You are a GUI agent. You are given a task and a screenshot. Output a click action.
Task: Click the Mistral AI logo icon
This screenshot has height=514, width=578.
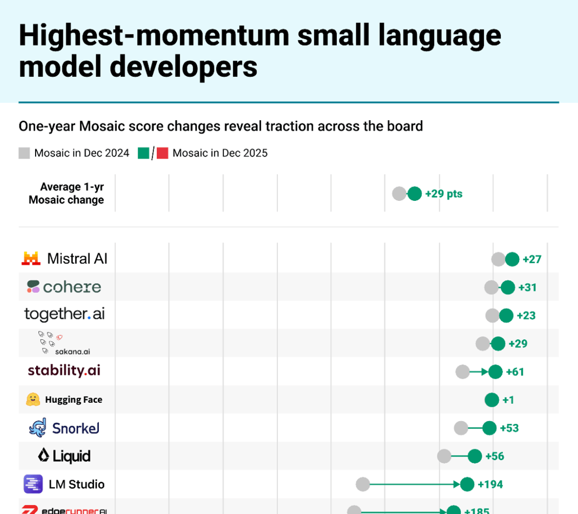click(x=31, y=259)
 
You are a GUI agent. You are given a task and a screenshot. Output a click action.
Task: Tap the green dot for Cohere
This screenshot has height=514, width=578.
click(x=507, y=287)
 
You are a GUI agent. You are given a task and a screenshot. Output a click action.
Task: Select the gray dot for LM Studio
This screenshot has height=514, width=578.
click(x=362, y=485)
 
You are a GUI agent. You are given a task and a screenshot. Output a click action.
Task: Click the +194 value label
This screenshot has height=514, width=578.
click(x=490, y=485)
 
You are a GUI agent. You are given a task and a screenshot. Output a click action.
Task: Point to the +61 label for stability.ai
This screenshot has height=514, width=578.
click(x=515, y=372)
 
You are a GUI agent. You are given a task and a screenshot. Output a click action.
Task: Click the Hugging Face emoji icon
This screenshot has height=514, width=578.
click(x=33, y=399)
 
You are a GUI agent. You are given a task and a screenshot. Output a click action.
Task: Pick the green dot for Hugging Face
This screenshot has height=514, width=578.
click(x=491, y=399)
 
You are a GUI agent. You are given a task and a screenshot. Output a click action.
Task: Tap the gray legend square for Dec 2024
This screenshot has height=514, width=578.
click(x=24, y=153)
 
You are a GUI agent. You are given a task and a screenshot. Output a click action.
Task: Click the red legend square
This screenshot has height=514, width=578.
click(x=162, y=153)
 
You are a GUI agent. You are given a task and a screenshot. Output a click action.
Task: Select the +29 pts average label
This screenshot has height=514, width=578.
click(x=444, y=194)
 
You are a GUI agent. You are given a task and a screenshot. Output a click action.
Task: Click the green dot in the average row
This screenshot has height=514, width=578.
click(x=415, y=194)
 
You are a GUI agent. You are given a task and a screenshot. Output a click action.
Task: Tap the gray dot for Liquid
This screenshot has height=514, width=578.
click(x=444, y=456)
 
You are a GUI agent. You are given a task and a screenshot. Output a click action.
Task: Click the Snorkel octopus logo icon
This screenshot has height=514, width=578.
click(x=37, y=428)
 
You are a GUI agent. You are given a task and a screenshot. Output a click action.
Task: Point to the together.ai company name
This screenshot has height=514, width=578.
click(x=64, y=314)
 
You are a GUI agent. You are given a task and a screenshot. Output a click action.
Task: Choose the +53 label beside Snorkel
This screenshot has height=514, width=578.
click(x=509, y=428)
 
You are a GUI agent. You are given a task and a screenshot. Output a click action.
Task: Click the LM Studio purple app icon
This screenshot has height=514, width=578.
click(x=33, y=484)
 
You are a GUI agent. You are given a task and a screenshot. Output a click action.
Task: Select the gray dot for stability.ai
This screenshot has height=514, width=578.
click(x=462, y=372)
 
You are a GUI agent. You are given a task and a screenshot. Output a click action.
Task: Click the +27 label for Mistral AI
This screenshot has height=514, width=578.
click(x=532, y=259)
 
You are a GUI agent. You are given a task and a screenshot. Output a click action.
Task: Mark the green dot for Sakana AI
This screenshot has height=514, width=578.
click(x=498, y=343)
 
